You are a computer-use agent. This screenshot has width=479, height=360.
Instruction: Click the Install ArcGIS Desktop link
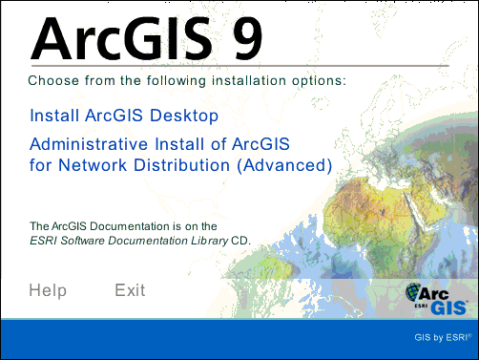point(124,116)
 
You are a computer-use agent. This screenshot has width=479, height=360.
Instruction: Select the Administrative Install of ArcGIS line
point(159,144)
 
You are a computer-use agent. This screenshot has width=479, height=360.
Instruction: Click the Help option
point(48,290)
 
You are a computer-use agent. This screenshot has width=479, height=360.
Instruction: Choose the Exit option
point(130,290)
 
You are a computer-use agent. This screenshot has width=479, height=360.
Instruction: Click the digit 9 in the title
point(248,39)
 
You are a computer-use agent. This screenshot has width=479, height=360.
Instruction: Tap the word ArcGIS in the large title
point(121,39)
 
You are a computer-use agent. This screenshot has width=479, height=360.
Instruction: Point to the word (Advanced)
point(284,165)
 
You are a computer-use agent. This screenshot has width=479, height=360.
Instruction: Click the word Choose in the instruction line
point(53,80)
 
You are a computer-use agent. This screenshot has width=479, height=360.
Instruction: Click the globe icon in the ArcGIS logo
point(413,291)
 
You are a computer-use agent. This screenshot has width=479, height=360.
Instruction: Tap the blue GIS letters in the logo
point(449,307)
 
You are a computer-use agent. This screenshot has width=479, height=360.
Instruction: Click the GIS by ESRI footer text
point(443,337)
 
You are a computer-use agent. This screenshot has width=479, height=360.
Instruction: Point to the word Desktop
point(184,116)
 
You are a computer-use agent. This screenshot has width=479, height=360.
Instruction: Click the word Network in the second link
point(93,165)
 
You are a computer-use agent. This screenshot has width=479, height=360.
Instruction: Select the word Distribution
point(181,165)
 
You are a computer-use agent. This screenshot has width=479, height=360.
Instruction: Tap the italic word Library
point(210,241)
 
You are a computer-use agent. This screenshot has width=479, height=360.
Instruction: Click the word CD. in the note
point(240,241)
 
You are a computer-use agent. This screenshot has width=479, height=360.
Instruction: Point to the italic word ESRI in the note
point(44,241)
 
